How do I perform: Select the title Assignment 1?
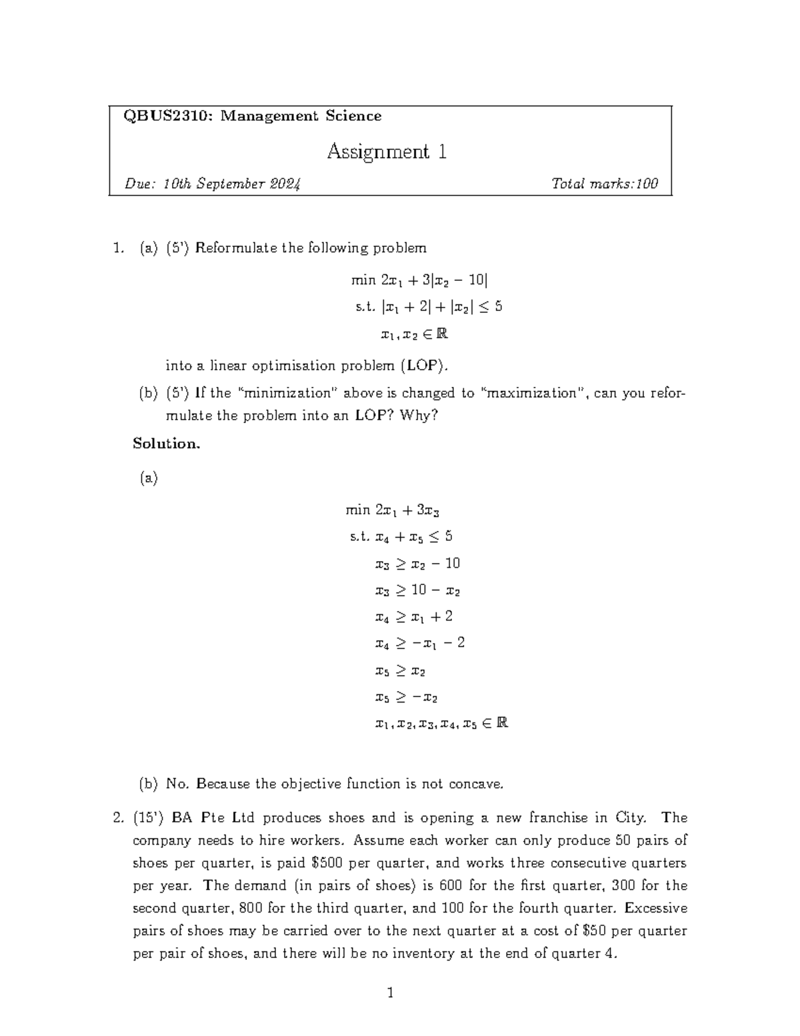(387, 152)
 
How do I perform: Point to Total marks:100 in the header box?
(605, 184)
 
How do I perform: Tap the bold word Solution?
(167, 444)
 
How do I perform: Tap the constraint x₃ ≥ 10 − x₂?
(417, 590)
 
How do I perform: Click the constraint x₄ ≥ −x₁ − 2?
(419, 643)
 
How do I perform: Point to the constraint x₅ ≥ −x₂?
(406, 697)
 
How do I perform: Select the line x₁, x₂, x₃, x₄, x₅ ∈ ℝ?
(441, 723)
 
